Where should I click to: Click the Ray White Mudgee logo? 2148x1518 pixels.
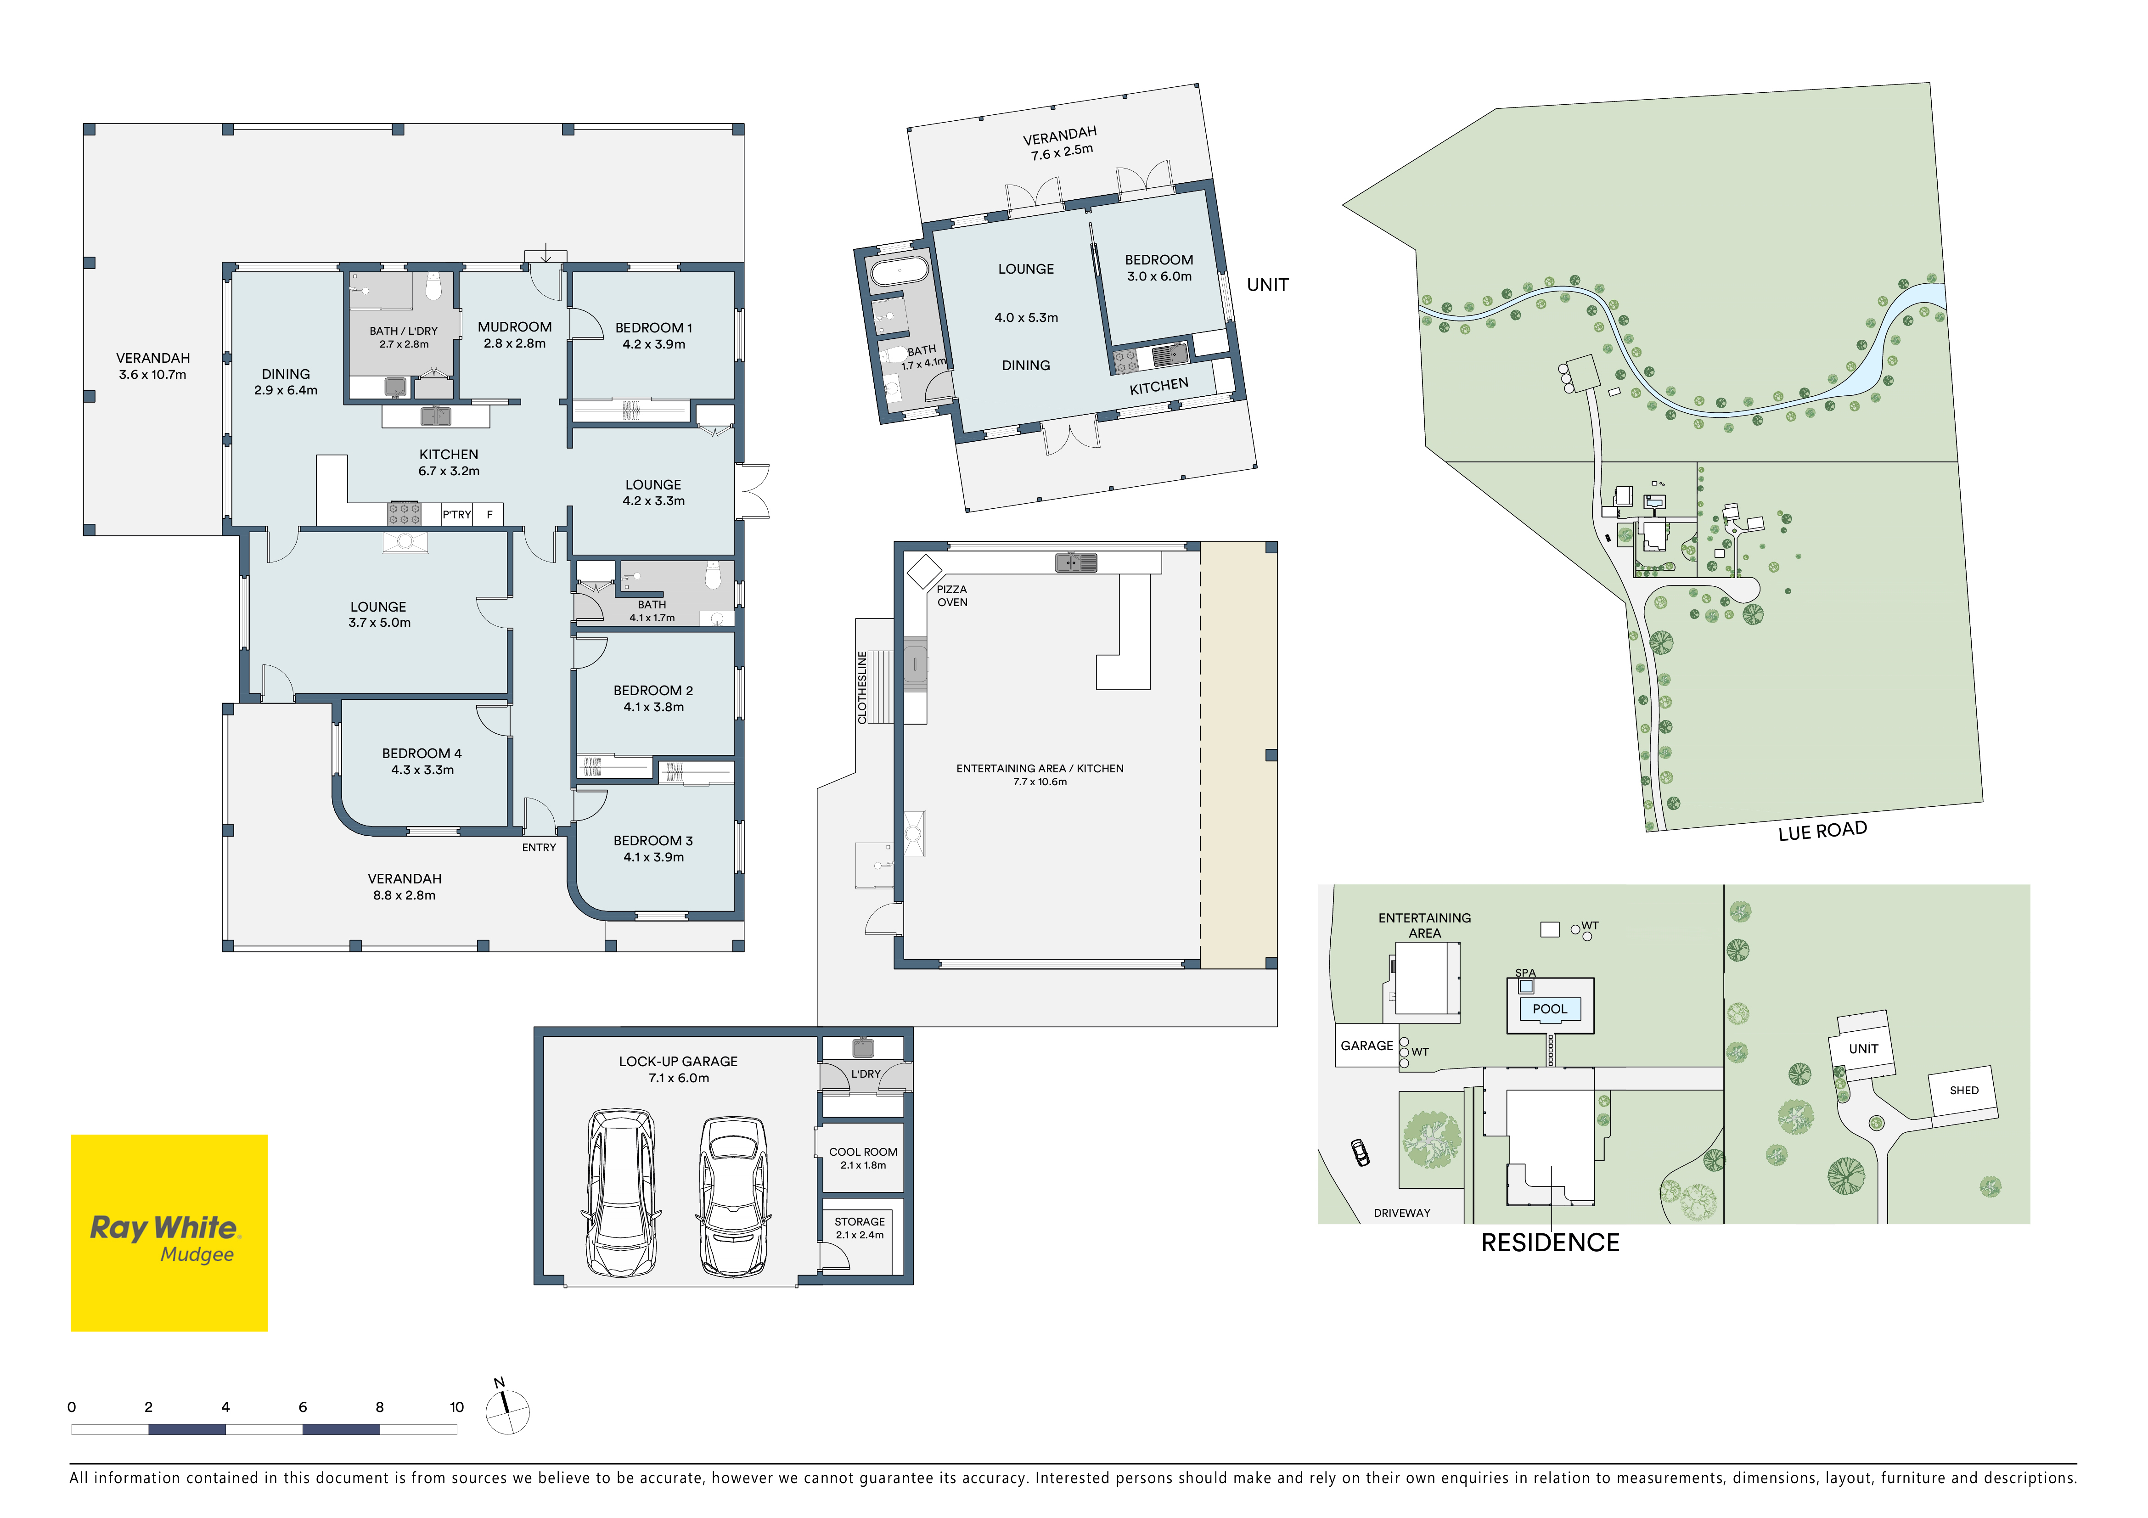click(x=169, y=1233)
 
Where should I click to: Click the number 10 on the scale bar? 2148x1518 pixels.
click(x=456, y=1407)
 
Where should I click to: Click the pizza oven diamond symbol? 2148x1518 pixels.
click(x=924, y=571)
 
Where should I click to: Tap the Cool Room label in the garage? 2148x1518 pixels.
click(x=863, y=1153)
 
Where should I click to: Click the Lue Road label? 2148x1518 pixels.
click(x=1822, y=831)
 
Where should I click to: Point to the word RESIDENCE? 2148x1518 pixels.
click(x=1550, y=1243)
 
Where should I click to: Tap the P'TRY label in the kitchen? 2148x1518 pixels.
click(x=456, y=514)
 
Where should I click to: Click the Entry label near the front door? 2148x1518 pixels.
click(x=539, y=847)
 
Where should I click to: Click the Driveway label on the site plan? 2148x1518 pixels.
click(x=1401, y=1213)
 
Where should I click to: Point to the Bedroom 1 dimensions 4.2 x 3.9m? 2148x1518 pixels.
click(x=654, y=344)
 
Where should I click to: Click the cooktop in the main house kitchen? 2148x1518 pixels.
click(x=404, y=513)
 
